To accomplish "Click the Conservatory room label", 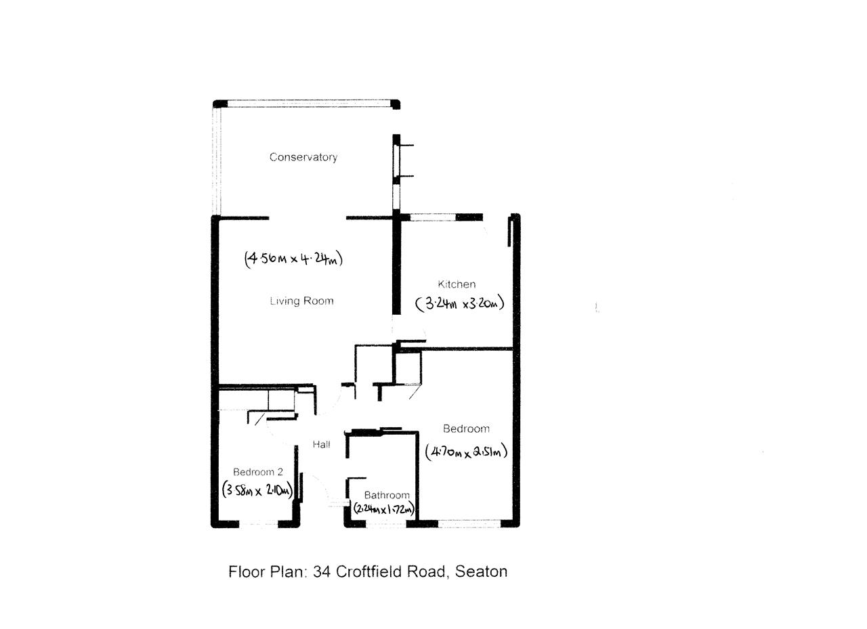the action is tap(303, 157).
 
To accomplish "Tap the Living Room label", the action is tap(301, 301).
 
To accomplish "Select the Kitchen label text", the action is tap(457, 284).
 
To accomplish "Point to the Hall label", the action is tap(322, 445).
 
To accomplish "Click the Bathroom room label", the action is tap(387, 495).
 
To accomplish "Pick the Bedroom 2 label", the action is tap(258, 472).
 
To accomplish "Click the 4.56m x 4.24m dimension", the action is tap(293, 259).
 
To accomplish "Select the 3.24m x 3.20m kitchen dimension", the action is tap(460, 304).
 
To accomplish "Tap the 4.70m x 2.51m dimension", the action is tap(467, 452).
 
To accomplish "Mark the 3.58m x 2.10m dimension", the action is tap(257, 490).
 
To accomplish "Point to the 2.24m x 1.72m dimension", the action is tap(384, 509).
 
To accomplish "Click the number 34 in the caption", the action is tap(322, 571).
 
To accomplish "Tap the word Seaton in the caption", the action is tap(481, 571).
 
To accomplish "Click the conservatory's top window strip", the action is tap(309, 104).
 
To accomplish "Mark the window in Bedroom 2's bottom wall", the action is tap(259, 524).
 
